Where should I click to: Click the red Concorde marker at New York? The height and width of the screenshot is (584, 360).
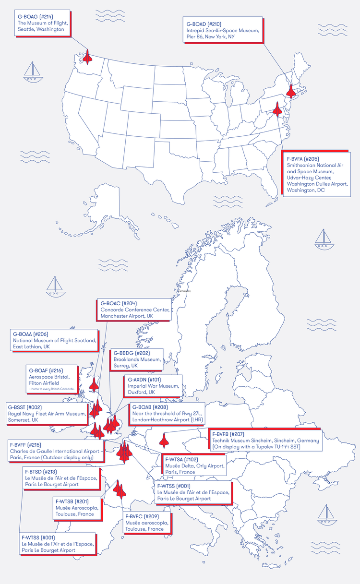click(x=291, y=90)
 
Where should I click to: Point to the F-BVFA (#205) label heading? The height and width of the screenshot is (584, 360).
click(x=303, y=158)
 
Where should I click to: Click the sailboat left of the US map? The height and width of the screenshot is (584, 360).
click(x=33, y=71)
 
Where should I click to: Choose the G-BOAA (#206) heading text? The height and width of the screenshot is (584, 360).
click(x=31, y=334)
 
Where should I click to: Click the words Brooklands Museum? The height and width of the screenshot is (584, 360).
click(x=130, y=359)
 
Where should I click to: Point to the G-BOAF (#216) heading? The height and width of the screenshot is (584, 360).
click(x=46, y=370)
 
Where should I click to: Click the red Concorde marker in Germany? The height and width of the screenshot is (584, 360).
click(x=164, y=440)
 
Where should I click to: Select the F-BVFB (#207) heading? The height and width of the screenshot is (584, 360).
click(x=228, y=434)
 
